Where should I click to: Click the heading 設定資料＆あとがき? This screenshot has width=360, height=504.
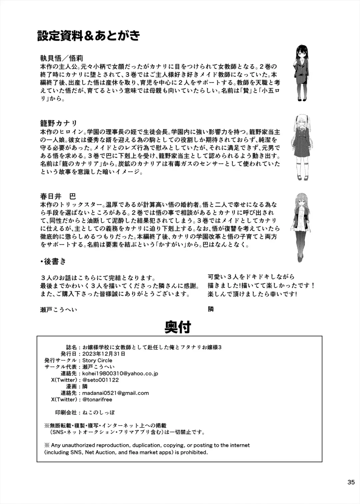(x=88, y=36)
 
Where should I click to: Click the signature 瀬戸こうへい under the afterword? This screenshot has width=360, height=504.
(x=58, y=310)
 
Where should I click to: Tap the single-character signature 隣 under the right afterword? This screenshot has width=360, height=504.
(x=211, y=309)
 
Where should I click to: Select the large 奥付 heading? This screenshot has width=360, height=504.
(x=178, y=328)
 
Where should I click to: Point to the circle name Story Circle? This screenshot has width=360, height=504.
(x=97, y=360)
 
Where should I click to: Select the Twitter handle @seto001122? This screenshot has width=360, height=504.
(x=100, y=380)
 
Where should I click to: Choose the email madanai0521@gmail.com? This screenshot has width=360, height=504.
(x=115, y=393)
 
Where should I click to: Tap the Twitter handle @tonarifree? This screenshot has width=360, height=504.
(x=97, y=399)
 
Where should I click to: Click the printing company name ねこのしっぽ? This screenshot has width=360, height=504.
(x=99, y=412)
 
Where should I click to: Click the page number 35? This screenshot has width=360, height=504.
(x=351, y=482)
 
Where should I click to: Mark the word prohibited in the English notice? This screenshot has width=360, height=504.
(x=194, y=452)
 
